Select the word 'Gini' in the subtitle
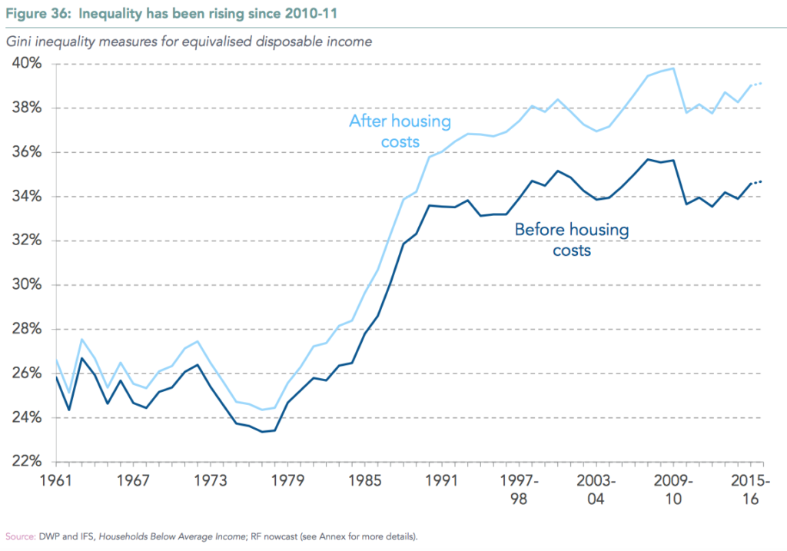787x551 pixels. coord(22,41)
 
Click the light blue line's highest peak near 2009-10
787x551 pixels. coord(673,68)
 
